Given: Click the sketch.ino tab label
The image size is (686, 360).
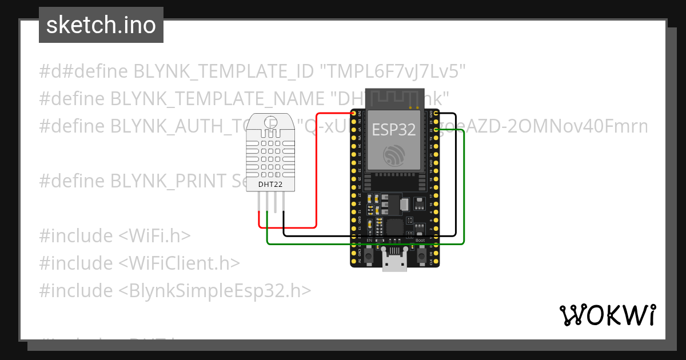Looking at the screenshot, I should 101,26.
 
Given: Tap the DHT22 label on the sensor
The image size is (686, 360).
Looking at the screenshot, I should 272,184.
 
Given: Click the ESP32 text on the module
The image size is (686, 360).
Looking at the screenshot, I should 394,130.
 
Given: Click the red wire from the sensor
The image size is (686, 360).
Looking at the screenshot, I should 316,171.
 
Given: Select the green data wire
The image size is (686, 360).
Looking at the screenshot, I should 366,244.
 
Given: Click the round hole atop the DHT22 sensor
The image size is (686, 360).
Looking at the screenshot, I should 272,121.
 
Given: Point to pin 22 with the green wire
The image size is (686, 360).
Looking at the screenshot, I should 436,131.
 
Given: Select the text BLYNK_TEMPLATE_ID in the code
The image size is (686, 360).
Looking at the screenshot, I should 224,71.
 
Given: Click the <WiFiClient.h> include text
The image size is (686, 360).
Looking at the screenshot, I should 179,263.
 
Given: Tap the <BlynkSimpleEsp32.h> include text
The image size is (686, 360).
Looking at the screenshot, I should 215,291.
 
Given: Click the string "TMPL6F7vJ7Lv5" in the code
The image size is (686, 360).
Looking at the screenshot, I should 393,71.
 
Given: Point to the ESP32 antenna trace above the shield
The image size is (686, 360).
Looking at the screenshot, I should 394,97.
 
